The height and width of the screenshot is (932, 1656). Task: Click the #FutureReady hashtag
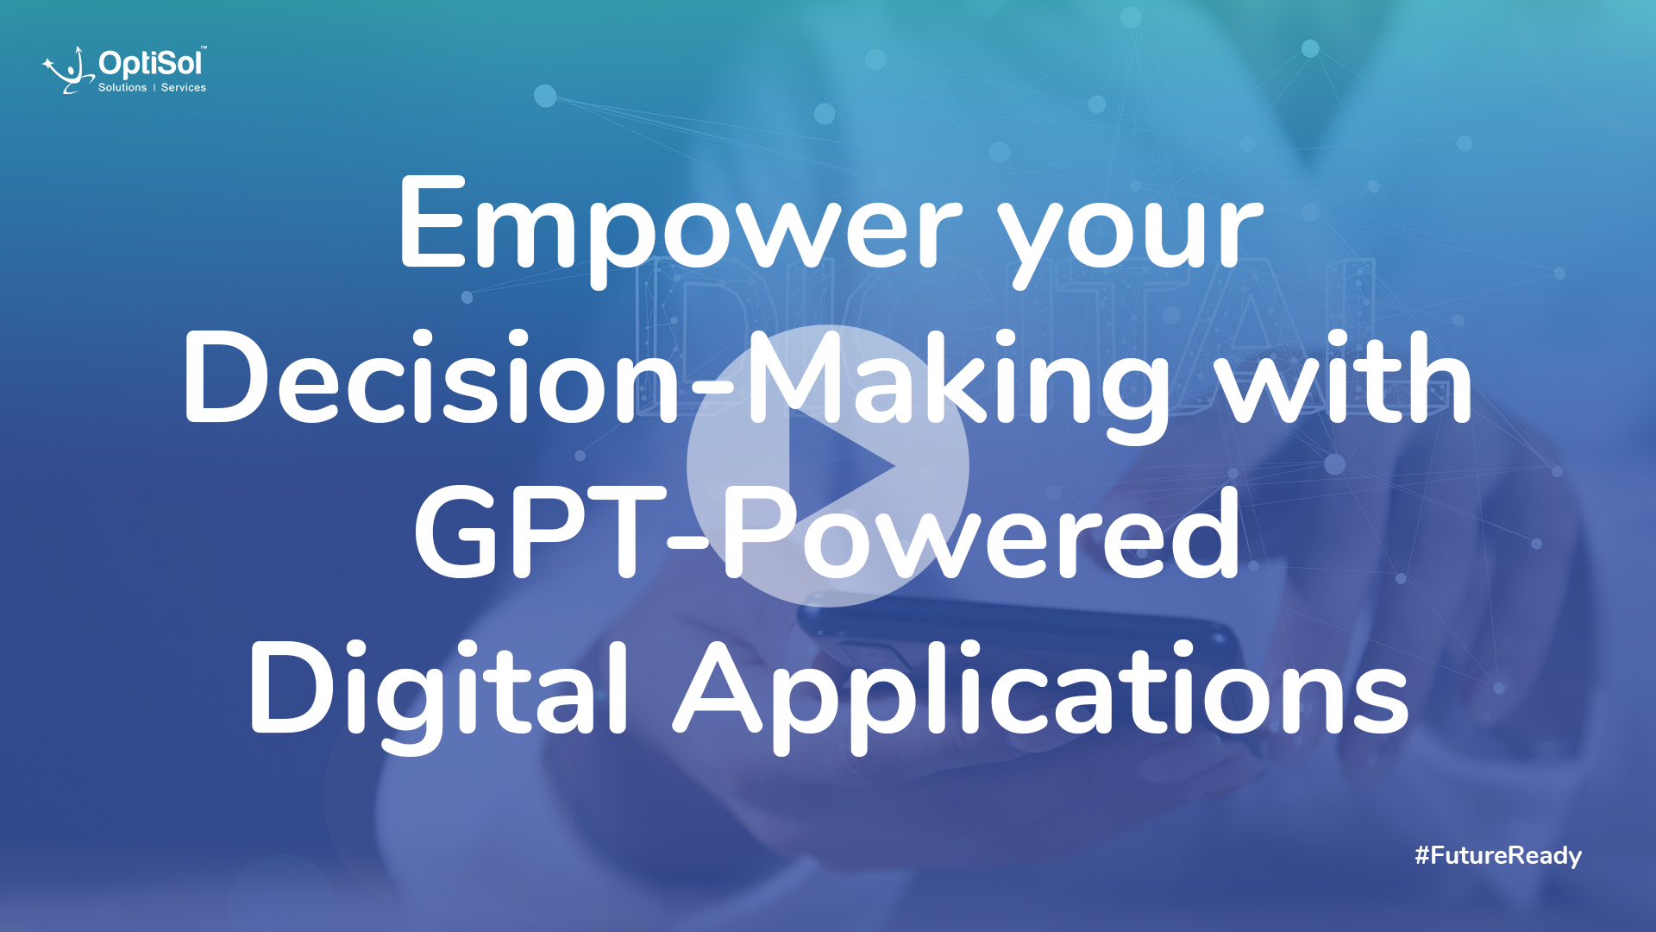[1498, 855]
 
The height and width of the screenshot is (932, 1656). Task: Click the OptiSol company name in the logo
[151, 63]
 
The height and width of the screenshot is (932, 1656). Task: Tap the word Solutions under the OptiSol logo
[122, 87]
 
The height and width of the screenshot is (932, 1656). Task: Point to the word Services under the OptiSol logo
[184, 87]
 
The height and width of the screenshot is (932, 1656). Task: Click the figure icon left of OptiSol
[69, 70]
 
